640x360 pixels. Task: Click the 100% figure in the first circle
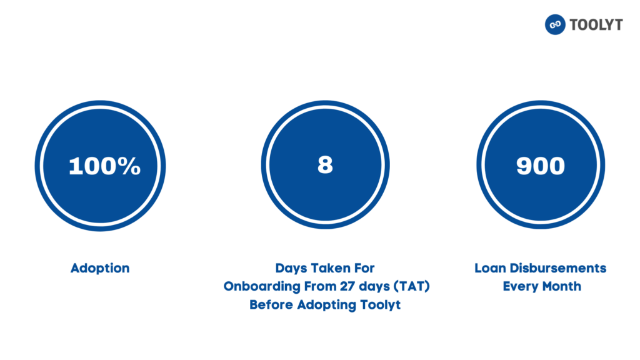(104, 166)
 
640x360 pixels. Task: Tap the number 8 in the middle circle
(325, 165)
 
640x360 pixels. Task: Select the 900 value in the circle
(541, 166)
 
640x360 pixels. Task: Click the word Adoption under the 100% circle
(100, 268)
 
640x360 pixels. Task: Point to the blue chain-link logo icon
(555, 24)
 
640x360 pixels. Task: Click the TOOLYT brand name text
(596, 25)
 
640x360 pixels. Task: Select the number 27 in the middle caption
(347, 286)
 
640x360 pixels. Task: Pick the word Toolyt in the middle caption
(381, 304)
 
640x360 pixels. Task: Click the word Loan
(490, 268)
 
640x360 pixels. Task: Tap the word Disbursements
(558, 268)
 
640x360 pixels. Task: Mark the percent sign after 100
(130, 166)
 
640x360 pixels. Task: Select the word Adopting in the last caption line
(327, 305)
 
